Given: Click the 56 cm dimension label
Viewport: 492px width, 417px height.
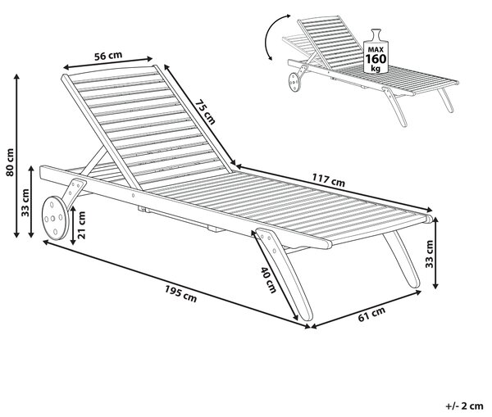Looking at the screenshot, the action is [108, 56].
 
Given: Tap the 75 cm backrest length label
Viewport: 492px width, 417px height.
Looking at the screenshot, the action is [205, 112].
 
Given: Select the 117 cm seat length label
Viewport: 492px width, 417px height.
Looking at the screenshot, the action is [328, 180].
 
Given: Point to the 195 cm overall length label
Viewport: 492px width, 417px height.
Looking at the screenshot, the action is [181, 295].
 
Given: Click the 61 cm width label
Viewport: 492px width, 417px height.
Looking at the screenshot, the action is [371, 314].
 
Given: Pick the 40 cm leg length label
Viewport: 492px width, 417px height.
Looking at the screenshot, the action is [269, 280].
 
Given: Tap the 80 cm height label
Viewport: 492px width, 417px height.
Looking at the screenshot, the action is [10, 162].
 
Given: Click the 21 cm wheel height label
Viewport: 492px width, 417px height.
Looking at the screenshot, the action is [81, 225].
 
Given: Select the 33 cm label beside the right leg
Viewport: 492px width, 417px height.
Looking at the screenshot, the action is [429, 254].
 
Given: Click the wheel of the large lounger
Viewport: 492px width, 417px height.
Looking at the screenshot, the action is [55, 218].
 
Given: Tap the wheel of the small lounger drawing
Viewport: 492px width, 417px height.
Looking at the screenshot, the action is [294, 82].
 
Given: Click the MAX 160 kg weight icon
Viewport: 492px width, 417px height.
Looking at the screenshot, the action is [376, 52].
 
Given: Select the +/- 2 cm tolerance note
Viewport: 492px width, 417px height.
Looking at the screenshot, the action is [464, 406].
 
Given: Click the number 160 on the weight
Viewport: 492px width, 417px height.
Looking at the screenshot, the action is [376, 59].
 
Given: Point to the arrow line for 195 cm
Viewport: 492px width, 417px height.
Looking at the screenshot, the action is [176, 284].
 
